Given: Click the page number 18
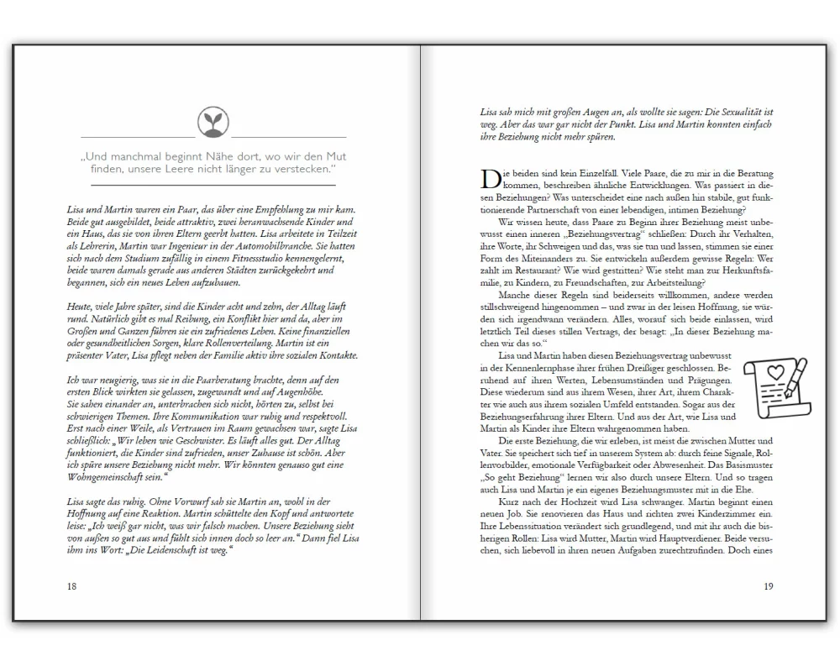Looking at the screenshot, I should [71, 586].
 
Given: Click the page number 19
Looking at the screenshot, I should [768, 586].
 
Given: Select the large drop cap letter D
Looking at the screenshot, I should [489, 178].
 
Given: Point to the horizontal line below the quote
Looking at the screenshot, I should [213, 185].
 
